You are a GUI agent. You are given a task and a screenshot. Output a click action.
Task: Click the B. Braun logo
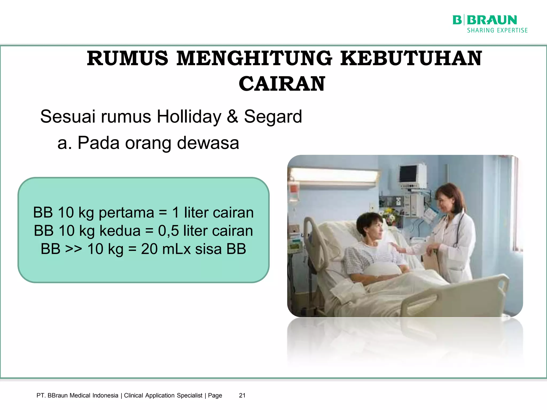pyautogui.click(x=485, y=20)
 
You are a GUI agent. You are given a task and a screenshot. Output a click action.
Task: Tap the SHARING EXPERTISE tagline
pyautogui.click(x=497, y=30)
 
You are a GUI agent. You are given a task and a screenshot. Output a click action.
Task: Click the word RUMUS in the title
pyautogui.click(x=127, y=58)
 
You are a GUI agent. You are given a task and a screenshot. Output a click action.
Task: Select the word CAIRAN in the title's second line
pyautogui.click(x=282, y=84)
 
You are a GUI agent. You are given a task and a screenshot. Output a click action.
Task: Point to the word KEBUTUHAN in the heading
pyautogui.click(x=411, y=58)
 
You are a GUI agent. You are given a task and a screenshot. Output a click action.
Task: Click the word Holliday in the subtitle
pyautogui.click(x=189, y=117)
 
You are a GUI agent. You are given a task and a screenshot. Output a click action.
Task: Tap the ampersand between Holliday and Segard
pyautogui.click(x=232, y=117)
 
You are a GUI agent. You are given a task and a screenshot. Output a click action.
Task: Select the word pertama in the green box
pyautogui.click(x=126, y=213)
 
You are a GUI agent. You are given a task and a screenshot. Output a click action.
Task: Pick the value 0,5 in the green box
pyautogui.click(x=168, y=231)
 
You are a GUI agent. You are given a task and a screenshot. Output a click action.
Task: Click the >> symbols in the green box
pyautogui.click(x=73, y=249)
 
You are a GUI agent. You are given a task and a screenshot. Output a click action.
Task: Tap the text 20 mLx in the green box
pyautogui.click(x=166, y=249)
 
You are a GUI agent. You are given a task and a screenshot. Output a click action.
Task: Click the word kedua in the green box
pyautogui.click(x=120, y=231)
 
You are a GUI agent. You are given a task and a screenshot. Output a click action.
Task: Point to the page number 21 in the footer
pyautogui.click(x=242, y=395)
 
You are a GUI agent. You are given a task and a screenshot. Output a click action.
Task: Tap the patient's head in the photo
pyautogui.click(x=370, y=227)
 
